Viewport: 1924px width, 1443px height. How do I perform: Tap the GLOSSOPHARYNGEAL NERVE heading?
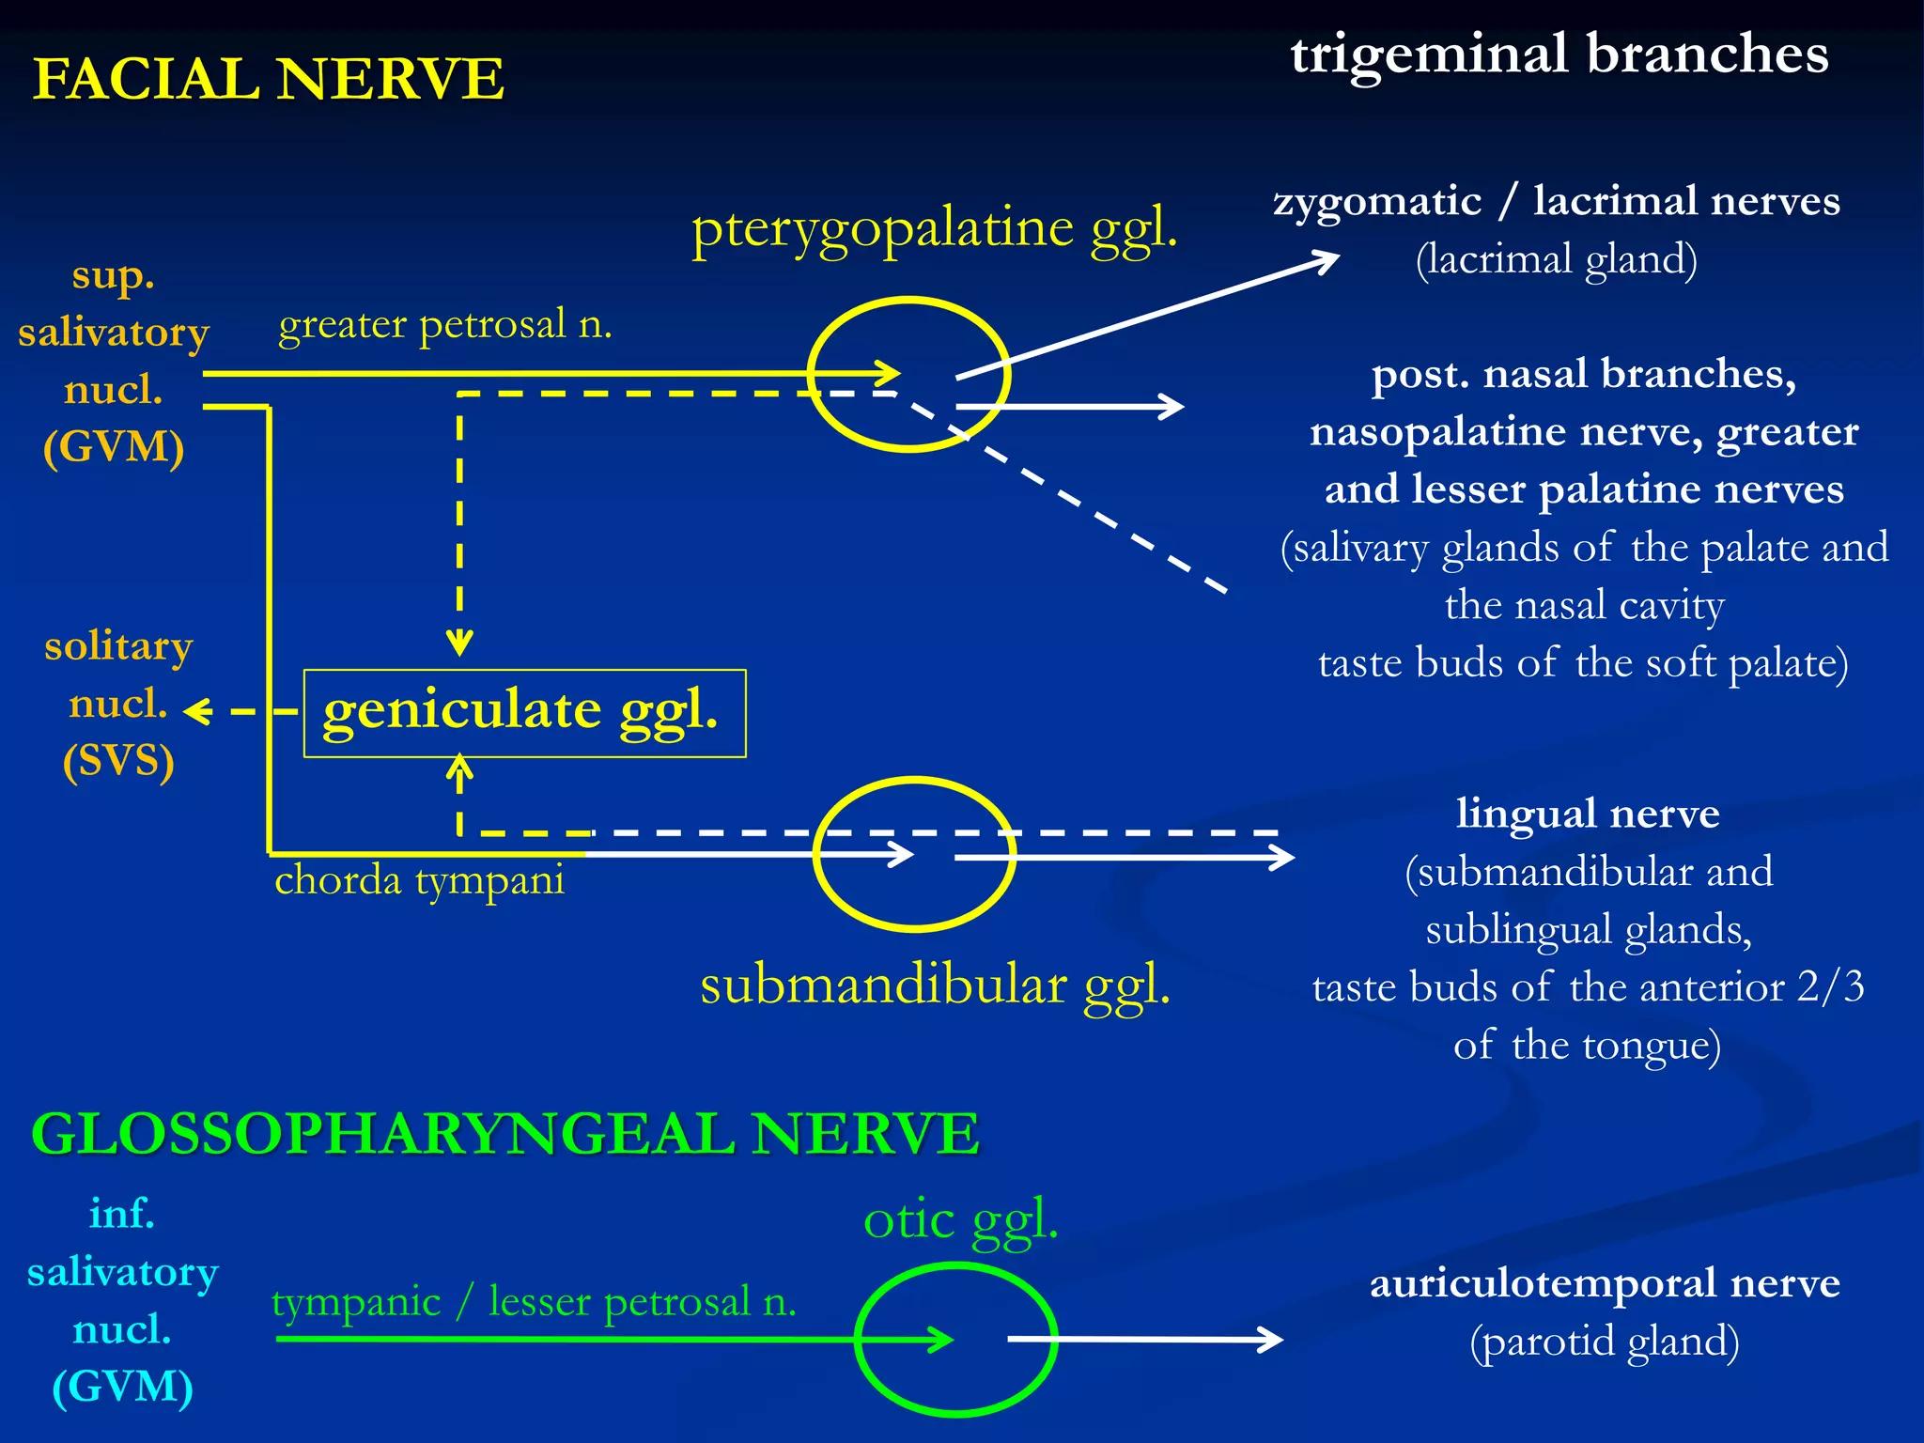click(505, 1133)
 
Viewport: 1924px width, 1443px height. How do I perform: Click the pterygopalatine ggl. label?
click(934, 228)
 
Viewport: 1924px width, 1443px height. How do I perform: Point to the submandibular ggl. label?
click(936, 985)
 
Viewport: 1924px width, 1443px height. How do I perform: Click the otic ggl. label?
click(960, 1220)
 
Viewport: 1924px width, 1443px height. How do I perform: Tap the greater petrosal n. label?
click(445, 324)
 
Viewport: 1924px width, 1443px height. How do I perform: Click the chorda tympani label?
click(419, 880)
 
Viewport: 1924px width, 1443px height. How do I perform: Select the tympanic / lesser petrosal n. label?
click(534, 1302)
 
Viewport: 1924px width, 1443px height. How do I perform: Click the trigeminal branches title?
click(1559, 54)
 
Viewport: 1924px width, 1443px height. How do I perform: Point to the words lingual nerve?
click(1588, 814)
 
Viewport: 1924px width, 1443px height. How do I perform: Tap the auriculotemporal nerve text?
click(1605, 1283)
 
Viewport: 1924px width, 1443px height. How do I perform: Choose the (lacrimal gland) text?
click(1557, 259)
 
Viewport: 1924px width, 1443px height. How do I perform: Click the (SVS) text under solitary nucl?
click(118, 760)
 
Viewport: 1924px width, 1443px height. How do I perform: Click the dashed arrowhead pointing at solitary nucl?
click(194, 712)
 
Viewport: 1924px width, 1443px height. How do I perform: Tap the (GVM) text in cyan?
click(122, 1387)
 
